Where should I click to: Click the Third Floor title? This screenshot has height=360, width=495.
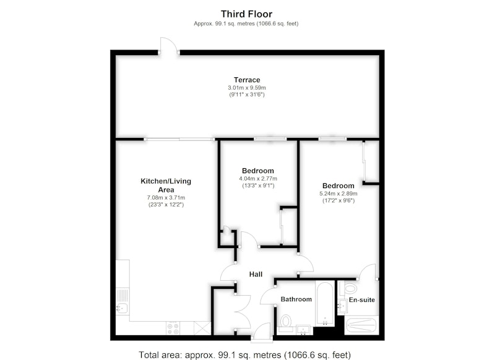pos(246,14)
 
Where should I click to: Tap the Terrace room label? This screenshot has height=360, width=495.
pos(247,80)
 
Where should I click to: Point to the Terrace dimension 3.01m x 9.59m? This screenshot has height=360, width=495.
pos(247,88)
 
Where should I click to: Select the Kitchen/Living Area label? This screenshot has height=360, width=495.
pos(166,186)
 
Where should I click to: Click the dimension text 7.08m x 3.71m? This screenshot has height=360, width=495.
pos(166,198)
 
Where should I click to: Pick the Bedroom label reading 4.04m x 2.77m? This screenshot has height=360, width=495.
pos(258,171)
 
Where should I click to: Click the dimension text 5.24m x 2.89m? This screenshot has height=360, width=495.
pos(338,194)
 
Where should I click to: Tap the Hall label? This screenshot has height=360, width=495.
pos(256,274)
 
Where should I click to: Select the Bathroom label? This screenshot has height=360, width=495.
pos(296,299)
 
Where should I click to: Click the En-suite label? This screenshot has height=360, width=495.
pos(362,300)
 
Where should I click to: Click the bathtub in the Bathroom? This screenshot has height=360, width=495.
pos(324,303)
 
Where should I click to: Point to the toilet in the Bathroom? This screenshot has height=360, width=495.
pos(286,322)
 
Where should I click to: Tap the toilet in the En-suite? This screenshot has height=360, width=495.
pos(349,288)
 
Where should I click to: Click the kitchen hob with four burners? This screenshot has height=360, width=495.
pos(173,328)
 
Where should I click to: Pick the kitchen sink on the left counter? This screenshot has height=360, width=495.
pos(122,307)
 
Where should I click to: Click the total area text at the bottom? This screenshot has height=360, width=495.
pos(244,354)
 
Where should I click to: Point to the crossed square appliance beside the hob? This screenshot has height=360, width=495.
pos(202,328)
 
